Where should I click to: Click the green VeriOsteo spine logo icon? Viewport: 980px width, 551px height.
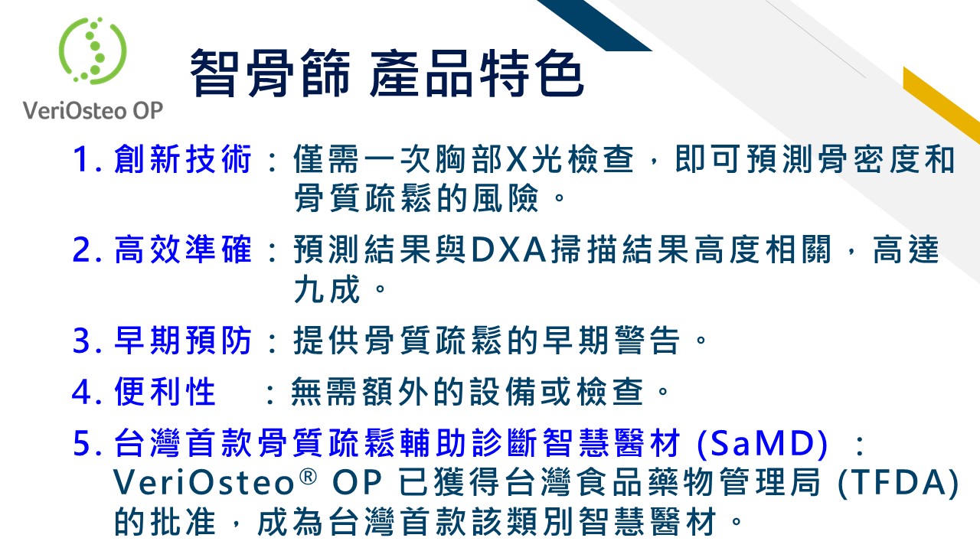93,51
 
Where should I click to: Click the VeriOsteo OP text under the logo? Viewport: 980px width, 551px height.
93,110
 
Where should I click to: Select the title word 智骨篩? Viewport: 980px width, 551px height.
270,73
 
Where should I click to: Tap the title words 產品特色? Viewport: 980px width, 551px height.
476,73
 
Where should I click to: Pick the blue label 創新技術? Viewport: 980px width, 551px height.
183,159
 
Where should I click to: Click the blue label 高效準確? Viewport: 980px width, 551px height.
183,249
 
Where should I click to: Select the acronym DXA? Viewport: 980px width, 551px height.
509,249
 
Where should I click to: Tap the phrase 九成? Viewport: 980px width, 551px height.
327,289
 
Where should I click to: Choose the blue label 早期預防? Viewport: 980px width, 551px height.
183,341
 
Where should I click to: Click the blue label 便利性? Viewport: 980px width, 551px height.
165,391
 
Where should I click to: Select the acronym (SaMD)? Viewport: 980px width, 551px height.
762,444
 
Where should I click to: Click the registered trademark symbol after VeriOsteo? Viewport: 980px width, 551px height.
308,477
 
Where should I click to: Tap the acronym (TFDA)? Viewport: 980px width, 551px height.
898,483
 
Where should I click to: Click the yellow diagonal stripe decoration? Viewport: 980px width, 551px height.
942,105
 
